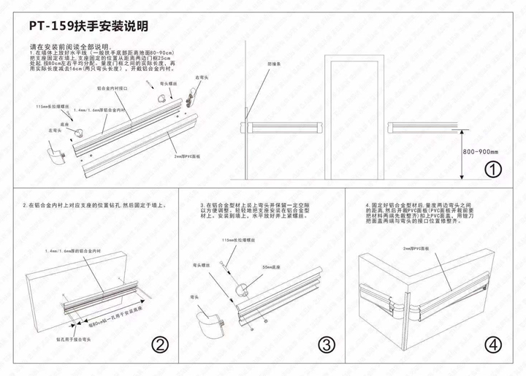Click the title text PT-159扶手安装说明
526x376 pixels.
click(89, 26)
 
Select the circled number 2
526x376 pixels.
click(160, 345)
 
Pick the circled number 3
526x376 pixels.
click(327, 345)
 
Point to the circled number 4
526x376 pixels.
click(494, 345)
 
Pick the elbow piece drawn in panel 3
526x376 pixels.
click(207, 321)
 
